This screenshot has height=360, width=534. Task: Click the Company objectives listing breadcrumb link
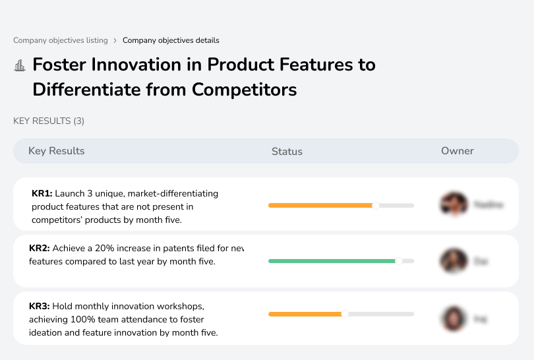click(x=61, y=40)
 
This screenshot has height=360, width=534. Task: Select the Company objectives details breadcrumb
click(x=171, y=40)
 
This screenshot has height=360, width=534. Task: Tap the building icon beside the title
click(x=20, y=65)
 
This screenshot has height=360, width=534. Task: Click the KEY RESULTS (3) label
click(x=49, y=121)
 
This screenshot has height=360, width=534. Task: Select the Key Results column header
click(x=57, y=151)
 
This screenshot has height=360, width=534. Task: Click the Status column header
click(x=287, y=151)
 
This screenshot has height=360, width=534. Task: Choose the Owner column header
click(x=458, y=151)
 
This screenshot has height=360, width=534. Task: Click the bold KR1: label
click(x=42, y=194)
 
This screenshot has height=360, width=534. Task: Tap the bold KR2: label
click(x=40, y=249)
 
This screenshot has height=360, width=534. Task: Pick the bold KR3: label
click(x=40, y=306)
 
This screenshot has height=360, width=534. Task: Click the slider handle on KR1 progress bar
click(x=376, y=206)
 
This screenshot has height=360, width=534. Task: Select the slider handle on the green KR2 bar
click(x=398, y=261)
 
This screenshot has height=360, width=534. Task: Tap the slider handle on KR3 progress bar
click(x=344, y=314)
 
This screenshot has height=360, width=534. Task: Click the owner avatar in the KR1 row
click(x=454, y=204)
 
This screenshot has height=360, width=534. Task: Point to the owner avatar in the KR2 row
click(x=454, y=261)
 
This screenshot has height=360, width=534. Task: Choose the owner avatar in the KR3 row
click(x=454, y=318)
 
